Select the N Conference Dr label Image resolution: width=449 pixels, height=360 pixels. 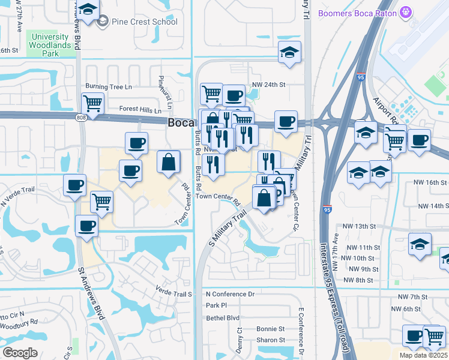pyautogui.click(x=230, y=294)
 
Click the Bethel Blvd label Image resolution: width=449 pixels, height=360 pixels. pyautogui.click(x=222, y=317)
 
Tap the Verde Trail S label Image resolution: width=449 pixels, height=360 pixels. pyautogui.click(x=173, y=294)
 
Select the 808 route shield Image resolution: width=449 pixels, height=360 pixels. pyautogui.click(x=80, y=117)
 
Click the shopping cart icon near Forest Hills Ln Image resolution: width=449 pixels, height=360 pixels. pyautogui.click(x=93, y=103)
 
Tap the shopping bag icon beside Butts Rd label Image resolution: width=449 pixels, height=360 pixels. pyautogui.click(x=169, y=161)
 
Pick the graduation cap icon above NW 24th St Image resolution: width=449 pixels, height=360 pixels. pyautogui.click(x=289, y=52)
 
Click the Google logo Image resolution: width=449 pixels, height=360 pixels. pyautogui.click(x=20, y=353)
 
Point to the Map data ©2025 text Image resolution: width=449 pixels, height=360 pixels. pyautogui.click(x=423, y=355)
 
